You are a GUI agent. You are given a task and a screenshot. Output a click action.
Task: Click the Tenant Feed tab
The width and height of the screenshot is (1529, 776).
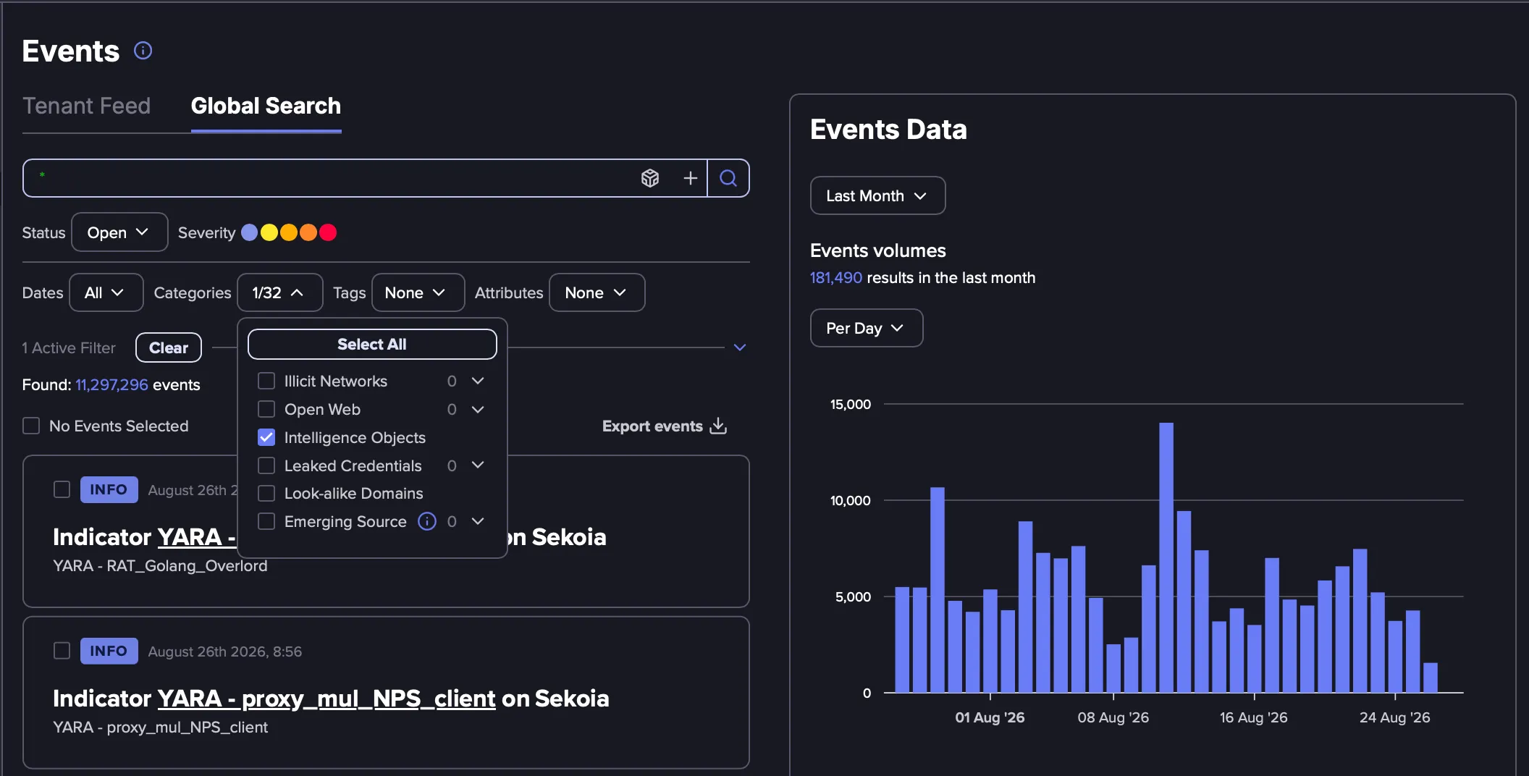pos(86,106)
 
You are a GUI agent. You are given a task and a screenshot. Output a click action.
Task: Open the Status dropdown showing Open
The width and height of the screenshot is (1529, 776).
pos(119,232)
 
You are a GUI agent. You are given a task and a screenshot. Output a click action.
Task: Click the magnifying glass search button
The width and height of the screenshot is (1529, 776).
pos(728,178)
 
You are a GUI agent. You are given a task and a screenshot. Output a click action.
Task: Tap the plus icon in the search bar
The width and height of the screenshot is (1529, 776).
pos(691,178)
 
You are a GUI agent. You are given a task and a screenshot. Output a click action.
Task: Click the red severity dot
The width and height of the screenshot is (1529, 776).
pos(328,232)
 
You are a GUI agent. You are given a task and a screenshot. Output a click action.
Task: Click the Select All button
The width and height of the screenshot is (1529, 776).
pos(372,345)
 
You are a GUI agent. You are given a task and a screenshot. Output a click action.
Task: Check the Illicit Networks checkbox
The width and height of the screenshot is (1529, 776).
pos(266,381)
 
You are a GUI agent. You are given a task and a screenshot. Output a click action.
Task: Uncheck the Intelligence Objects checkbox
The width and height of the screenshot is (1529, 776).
pos(266,437)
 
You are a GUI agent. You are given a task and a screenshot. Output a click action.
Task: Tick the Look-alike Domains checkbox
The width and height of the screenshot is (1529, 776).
pos(266,494)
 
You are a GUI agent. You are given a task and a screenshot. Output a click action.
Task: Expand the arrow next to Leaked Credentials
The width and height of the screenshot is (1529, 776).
pos(478,465)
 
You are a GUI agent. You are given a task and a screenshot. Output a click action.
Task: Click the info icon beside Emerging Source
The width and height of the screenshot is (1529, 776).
pos(427,521)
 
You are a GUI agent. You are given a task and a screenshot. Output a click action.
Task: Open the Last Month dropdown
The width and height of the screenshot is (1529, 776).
pos(877,195)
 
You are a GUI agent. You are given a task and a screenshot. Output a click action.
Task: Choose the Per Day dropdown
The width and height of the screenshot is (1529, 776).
pos(867,328)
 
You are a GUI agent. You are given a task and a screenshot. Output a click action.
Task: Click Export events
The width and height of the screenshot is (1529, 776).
pos(665,426)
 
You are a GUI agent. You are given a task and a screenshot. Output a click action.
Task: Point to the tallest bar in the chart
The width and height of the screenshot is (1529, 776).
pos(1166,557)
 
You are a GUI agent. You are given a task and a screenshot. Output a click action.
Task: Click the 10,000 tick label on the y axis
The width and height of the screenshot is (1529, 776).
pos(850,500)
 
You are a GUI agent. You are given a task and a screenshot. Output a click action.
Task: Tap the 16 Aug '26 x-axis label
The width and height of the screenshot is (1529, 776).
pos(1253,717)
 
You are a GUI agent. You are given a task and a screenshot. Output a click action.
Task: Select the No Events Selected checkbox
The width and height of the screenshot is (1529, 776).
pos(31,426)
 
